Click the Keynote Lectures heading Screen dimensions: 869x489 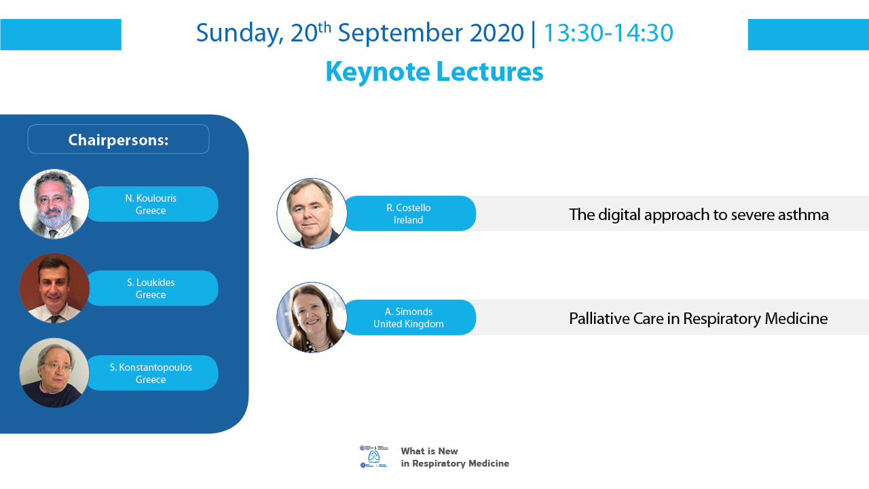pyautogui.click(x=434, y=72)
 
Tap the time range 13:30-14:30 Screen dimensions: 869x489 pyautogui.click(x=608, y=33)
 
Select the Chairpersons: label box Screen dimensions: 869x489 pyautogui.click(x=118, y=139)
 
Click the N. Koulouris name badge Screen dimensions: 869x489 pyautogui.click(x=152, y=204)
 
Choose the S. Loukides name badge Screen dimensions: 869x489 pyautogui.click(x=152, y=289)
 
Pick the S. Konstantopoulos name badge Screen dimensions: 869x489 pyautogui.click(x=152, y=373)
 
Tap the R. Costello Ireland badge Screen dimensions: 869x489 pyautogui.click(x=409, y=213)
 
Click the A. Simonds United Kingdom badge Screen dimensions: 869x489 pyautogui.click(x=409, y=317)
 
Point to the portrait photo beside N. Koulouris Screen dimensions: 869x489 pyautogui.click(x=54, y=204)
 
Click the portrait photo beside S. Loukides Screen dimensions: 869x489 pyautogui.click(x=54, y=288)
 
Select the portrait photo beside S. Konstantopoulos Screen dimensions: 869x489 pyautogui.click(x=54, y=373)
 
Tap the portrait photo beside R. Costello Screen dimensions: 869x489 pyautogui.click(x=312, y=213)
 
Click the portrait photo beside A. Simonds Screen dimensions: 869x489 pyautogui.click(x=312, y=317)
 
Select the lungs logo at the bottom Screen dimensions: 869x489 pyautogui.click(x=373, y=456)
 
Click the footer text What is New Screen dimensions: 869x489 pyautogui.click(x=429, y=451)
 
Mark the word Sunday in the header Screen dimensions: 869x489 pyautogui.click(x=240, y=34)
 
